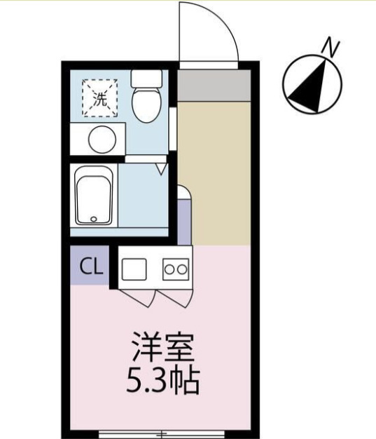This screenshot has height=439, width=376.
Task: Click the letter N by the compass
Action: (330, 48)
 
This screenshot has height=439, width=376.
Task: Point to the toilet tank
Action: (146, 78)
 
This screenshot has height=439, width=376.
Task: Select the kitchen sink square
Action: (134, 268)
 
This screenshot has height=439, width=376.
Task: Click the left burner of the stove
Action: (169, 268)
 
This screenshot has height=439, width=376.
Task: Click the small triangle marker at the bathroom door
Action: (160, 169)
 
